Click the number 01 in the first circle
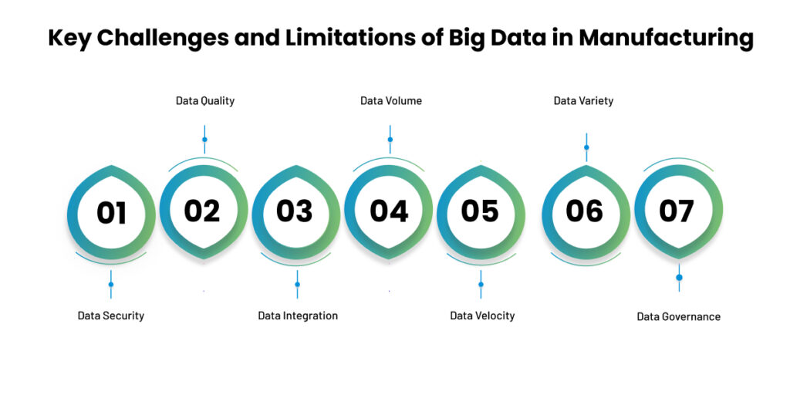(111, 213)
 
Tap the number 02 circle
(204, 211)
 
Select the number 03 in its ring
(294, 211)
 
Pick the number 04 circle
(389, 211)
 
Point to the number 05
(480, 211)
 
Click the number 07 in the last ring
(677, 211)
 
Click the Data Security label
(111, 316)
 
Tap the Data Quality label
(205, 101)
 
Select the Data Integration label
(298, 316)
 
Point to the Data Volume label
(391, 101)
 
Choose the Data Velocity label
(482, 316)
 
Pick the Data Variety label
(583, 101)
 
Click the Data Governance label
(679, 317)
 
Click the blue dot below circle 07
(679, 278)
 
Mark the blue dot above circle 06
(586, 147)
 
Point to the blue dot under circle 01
(111, 284)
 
